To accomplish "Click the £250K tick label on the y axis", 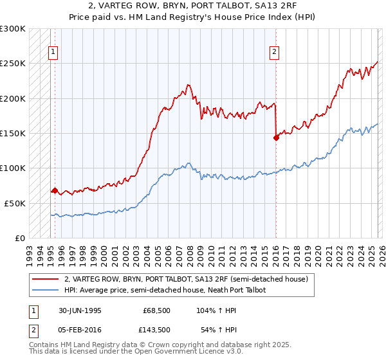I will (x=13, y=64).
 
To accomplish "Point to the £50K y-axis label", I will (x=15, y=203).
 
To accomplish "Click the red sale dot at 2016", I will (x=275, y=137).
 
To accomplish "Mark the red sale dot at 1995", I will (x=55, y=190).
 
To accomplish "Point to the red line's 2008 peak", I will (x=188, y=84).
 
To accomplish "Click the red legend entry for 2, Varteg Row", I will (x=187, y=279).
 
